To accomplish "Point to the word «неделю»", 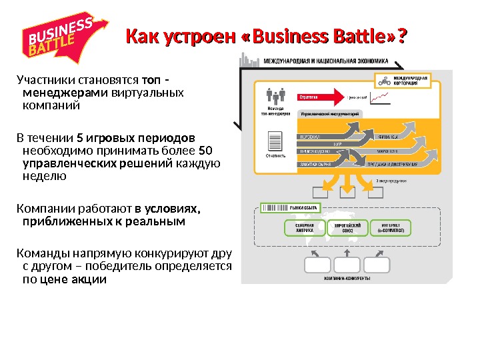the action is (x=44, y=176).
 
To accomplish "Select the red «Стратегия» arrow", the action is (x=321, y=97).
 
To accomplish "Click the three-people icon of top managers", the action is (x=275, y=96).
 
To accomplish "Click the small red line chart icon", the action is (x=381, y=97).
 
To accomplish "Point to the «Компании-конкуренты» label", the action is (x=347, y=278).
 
